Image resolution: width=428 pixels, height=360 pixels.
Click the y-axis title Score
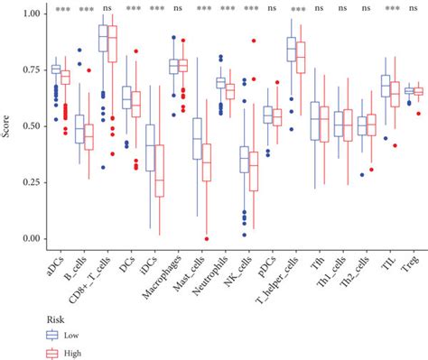click(7, 125)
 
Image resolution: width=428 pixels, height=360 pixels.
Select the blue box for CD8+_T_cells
click(103, 44)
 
